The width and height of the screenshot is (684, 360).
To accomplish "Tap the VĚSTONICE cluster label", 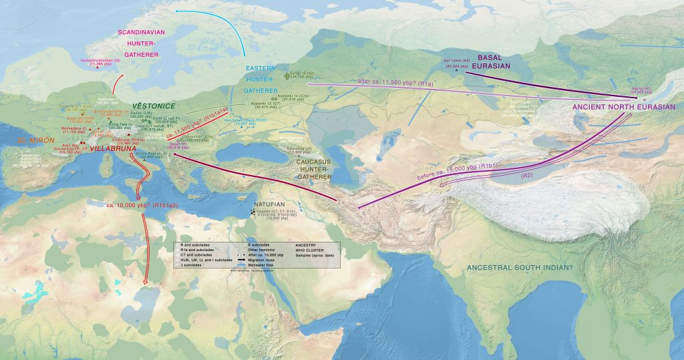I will [x=153, y=106].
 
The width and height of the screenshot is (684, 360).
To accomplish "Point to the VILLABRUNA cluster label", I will [x=112, y=149].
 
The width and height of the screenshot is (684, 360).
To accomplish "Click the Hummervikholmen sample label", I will [x=100, y=61].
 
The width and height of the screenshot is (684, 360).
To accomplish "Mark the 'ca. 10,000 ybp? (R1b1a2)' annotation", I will [x=142, y=205].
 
